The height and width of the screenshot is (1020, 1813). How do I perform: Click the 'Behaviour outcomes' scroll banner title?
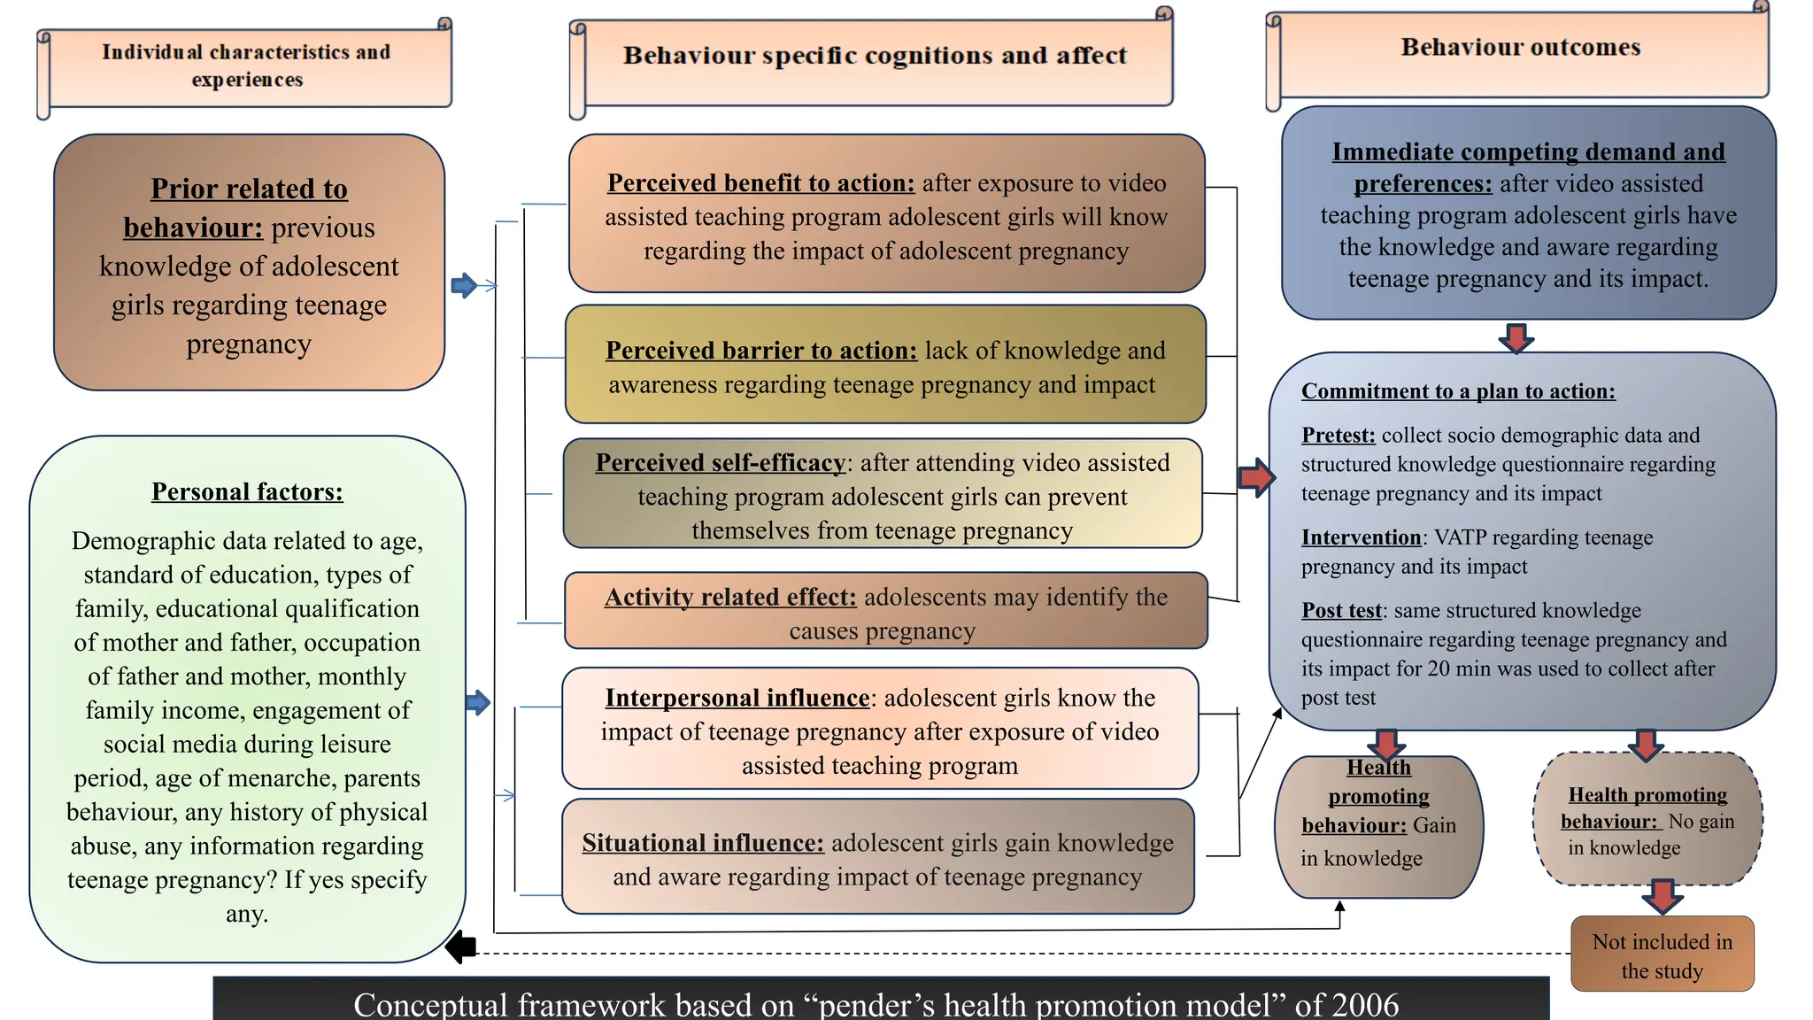click(x=1520, y=48)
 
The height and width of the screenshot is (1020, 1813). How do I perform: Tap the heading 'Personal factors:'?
click(x=247, y=492)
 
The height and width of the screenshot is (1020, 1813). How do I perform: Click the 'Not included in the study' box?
click(x=1662, y=955)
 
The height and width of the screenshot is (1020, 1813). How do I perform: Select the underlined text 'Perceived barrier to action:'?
click(x=760, y=352)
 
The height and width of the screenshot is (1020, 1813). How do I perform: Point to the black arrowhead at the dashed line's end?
click(x=460, y=947)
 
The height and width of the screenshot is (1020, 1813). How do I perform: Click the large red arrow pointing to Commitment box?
click(x=1255, y=478)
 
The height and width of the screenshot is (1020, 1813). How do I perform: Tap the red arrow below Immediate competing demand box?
click(x=1516, y=338)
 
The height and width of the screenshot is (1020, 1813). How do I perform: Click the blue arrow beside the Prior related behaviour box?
click(x=464, y=286)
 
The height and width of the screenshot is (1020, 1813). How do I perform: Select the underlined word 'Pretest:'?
click(x=1338, y=436)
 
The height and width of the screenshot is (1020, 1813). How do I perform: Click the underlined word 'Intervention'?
click(x=1361, y=538)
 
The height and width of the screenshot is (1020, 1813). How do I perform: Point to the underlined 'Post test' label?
click(x=1340, y=611)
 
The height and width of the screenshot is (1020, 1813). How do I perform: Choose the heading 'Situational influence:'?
click(x=702, y=843)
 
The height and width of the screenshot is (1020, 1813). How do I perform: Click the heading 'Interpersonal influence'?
click(x=737, y=699)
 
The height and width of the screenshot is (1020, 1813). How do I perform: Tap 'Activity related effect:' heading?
click(x=729, y=598)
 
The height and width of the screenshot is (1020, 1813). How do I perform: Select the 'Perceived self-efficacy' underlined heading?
click(x=720, y=463)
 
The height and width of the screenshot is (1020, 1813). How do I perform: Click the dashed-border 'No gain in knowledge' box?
click(x=1647, y=821)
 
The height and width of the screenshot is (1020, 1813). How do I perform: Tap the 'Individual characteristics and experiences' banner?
click(x=246, y=66)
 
